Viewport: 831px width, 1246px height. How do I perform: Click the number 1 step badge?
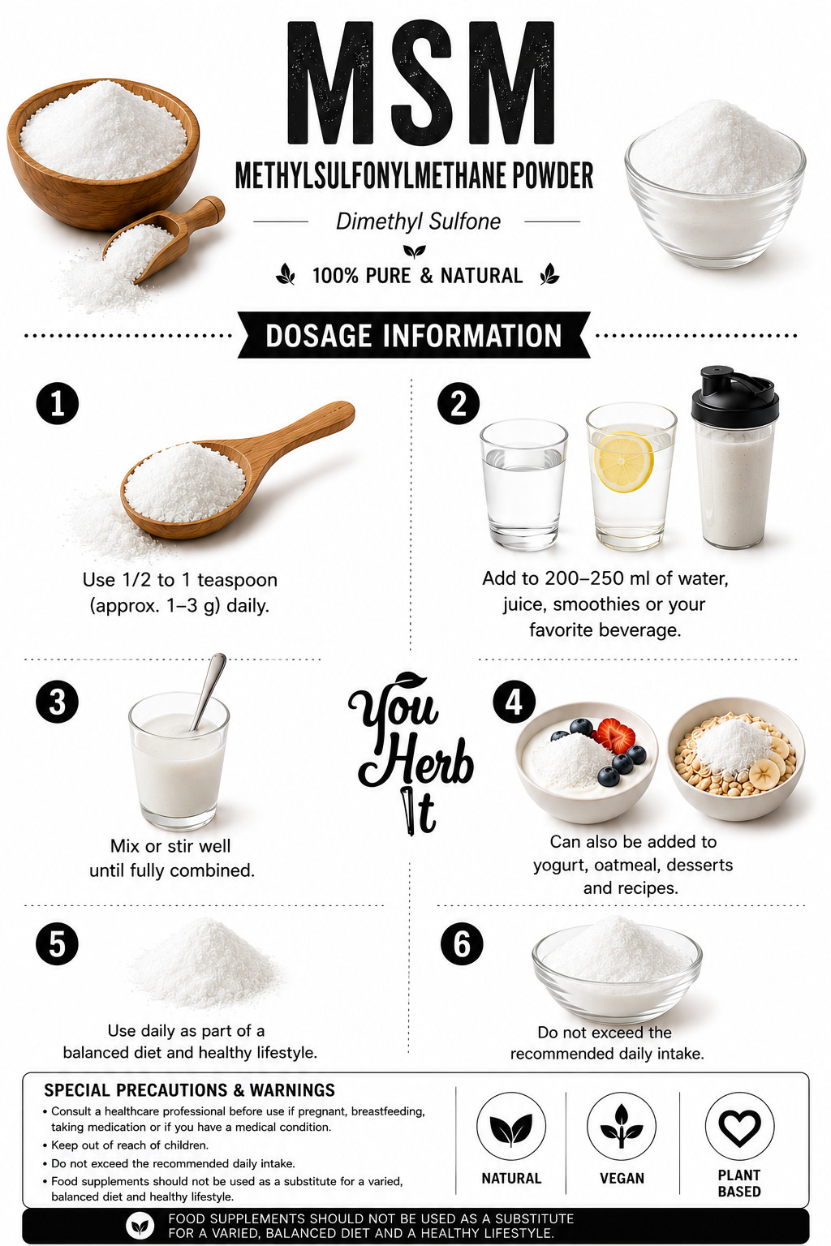pyautogui.click(x=58, y=403)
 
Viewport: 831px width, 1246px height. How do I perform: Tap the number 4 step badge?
pyautogui.click(x=515, y=702)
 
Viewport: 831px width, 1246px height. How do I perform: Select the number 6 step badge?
pyautogui.click(x=462, y=944)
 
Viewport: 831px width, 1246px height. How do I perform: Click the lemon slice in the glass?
pyautogui.click(x=623, y=462)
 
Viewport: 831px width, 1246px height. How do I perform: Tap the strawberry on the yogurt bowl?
pyautogui.click(x=615, y=734)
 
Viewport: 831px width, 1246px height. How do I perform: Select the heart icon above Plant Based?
pyautogui.click(x=739, y=1128)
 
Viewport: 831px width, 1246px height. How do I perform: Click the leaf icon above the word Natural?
pyautogui.click(x=511, y=1128)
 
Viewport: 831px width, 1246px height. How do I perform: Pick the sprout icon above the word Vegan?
pyautogui.click(x=622, y=1126)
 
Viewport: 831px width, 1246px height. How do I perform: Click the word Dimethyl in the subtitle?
pyautogui.click(x=375, y=221)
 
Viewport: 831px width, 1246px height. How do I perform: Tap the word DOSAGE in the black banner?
pyautogui.click(x=318, y=335)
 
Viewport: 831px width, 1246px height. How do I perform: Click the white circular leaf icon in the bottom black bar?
pyautogui.click(x=140, y=1226)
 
